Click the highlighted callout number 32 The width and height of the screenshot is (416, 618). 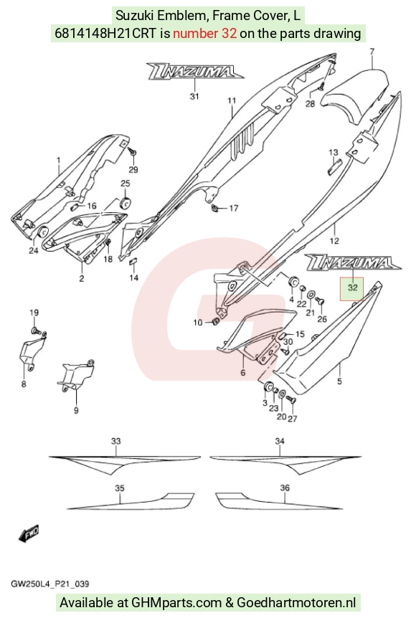pos(352,287)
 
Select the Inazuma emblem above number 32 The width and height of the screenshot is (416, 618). pos(353,262)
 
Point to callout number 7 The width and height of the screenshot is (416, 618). pos(372,51)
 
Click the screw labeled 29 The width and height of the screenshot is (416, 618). pos(131,151)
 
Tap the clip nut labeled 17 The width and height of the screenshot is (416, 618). pos(216,207)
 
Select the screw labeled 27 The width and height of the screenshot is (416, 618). pos(291,401)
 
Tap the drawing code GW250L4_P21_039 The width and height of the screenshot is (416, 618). pos(49,584)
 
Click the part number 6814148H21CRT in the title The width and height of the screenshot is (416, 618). pos(105,34)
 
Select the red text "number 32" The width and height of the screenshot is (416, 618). pos(205,34)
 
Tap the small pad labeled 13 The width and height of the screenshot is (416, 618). pos(334,165)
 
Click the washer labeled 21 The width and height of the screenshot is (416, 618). pos(311,295)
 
